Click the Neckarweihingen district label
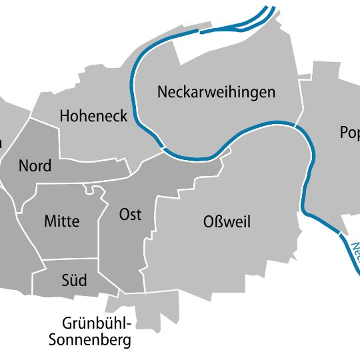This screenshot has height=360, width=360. tap(216, 92)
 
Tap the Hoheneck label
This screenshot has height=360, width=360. tap(93, 116)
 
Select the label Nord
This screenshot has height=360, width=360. tap(35, 166)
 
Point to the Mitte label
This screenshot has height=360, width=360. tap(61, 221)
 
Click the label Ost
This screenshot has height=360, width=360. tap(130, 215)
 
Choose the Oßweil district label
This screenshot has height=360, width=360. tap(227, 222)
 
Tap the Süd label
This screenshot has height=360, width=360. tap(73, 281)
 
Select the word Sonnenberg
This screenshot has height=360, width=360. tap(90, 341)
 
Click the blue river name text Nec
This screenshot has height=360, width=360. tap(355, 251)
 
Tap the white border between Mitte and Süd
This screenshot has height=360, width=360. tap(70, 259)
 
